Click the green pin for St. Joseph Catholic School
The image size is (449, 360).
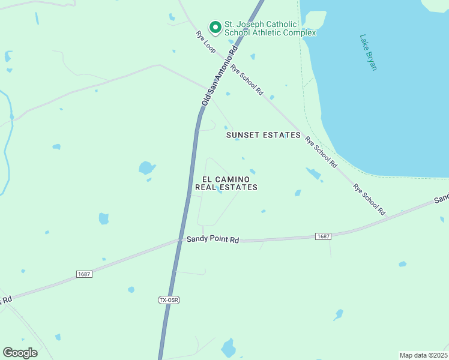(214, 27)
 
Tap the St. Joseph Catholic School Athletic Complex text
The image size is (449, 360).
(270, 28)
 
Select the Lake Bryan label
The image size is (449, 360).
(368, 52)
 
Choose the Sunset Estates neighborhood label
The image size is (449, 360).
(263, 135)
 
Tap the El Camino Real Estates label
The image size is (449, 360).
(226, 183)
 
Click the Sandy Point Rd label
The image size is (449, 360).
(212, 239)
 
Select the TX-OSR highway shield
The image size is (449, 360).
(169, 299)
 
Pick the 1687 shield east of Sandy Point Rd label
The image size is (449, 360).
(323, 236)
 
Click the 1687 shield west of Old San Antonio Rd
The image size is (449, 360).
(84, 274)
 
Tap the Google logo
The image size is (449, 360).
(20, 352)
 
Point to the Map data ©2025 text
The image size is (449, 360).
(423, 355)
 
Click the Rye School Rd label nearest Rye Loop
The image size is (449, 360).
(247, 80)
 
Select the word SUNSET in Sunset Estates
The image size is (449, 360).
(243, 135)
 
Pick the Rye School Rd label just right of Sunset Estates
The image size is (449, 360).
(321, 152)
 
